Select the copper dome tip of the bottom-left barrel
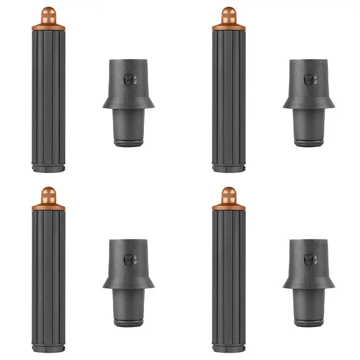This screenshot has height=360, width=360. coord(48,194)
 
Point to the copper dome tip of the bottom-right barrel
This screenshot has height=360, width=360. coord(229,194)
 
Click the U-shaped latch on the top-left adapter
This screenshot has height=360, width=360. coord(128,80)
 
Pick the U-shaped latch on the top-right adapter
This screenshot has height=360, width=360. coord(308,80)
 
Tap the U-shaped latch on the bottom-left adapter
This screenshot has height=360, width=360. coord(128,260)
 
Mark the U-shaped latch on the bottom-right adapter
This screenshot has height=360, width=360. coord(308,260)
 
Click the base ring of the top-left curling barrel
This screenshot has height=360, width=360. coord(48,168)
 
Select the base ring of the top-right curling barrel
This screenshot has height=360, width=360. coord(229,168)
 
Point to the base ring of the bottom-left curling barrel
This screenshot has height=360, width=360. coord(48,348)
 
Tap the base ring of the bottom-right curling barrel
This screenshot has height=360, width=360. coord(229,348)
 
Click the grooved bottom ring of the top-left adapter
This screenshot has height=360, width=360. coord(128,143)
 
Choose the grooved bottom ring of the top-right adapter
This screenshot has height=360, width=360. coord(309,143)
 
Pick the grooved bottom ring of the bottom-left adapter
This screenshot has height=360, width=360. coord(128,323)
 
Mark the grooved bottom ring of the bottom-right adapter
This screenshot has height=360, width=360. coord(309,323)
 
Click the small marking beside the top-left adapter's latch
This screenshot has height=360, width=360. coord(135,80)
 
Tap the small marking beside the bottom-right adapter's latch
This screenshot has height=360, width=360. coord(315,260)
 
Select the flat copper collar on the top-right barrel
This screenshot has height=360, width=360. coord(229,27)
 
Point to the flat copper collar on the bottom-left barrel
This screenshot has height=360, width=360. coord(48,207)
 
